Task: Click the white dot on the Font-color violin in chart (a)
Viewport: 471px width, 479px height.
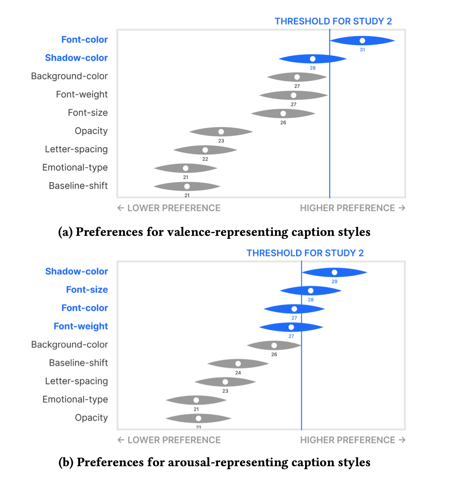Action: click(362, 41)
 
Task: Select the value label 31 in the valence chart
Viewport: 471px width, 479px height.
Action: click(362, 50)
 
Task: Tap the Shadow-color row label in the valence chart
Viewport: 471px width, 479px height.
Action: click(76, 57)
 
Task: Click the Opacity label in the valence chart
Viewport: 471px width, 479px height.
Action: click(91, 131)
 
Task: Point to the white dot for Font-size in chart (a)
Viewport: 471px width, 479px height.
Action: click(283, 114)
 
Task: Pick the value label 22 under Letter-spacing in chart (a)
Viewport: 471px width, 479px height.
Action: click(205, 159)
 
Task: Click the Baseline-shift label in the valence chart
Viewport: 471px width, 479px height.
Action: click(78, 186)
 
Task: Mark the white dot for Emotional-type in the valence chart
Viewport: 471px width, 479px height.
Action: click(185, 168)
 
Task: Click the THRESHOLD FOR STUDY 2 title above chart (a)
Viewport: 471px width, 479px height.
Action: click(333, 21)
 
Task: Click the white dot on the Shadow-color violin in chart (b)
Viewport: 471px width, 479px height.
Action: click(335, 272)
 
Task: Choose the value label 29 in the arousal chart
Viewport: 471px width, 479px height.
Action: click(335, 282)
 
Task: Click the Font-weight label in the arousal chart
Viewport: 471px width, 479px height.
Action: click(81, 326)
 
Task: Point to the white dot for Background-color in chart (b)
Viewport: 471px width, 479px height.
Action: click(274, 345)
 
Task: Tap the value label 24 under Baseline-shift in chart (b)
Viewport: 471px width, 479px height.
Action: click(238, 373)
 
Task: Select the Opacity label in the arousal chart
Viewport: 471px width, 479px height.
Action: click(91, 417)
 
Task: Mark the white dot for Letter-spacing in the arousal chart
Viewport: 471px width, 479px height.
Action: click(225, 382)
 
